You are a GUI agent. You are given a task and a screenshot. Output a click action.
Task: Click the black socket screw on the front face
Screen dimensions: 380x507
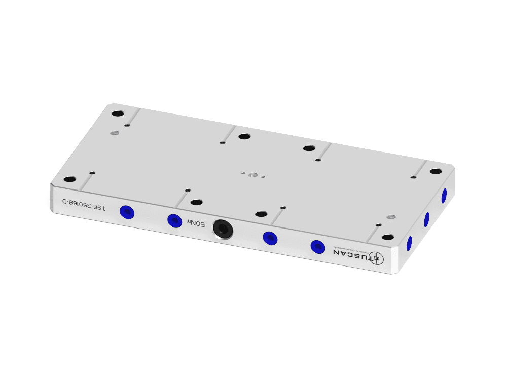(x=223, y=230)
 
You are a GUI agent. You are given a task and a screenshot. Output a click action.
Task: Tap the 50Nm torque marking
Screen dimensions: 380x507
(x=196, y=222)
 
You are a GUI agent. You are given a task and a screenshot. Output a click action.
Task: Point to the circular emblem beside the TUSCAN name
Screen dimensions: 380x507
(x=376, y=258)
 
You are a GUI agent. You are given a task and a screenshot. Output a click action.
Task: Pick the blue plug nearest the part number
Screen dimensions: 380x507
(x=126, y=212)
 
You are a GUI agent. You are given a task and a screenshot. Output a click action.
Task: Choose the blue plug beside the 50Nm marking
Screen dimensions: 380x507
(x=174, y=220)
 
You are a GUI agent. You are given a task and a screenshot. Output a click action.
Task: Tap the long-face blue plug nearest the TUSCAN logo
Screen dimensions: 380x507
(x=317, y=247)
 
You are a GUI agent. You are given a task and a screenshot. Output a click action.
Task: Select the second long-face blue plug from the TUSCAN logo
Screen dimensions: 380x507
(x=269, y=238)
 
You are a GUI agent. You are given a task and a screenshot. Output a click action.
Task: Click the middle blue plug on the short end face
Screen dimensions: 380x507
(x=426, y=219)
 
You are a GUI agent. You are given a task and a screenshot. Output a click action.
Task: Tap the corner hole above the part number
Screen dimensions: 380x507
(x=69, y=179)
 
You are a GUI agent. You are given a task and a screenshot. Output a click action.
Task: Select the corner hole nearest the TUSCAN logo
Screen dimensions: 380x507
(x=388, y=237)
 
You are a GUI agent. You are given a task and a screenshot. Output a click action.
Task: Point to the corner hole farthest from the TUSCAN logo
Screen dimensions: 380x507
(x=118, y=113)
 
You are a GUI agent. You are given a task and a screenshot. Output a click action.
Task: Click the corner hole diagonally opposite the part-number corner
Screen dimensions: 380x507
(x=436, y=171)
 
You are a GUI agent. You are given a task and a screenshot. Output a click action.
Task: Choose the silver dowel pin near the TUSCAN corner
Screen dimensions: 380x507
(x=390, y=217)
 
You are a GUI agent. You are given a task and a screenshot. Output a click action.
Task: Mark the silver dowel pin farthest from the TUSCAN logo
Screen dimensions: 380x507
(x=115, y=133)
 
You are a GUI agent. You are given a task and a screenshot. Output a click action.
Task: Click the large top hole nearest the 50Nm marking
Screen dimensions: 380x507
(x=196, y=202)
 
